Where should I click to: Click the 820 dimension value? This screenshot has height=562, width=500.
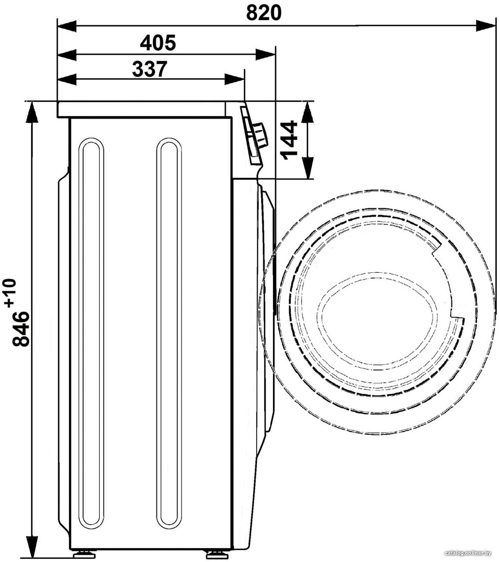pos(264,13)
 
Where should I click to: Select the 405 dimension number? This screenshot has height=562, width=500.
pos(158,42)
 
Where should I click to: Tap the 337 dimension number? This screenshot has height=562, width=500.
pos(150,69)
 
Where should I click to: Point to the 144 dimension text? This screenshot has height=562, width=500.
pos(289,140)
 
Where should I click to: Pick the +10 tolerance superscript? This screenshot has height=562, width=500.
pos(11,293)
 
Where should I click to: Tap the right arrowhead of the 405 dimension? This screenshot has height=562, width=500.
pos(265,55)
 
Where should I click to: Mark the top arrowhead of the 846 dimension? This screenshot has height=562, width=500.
pos(32,112)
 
